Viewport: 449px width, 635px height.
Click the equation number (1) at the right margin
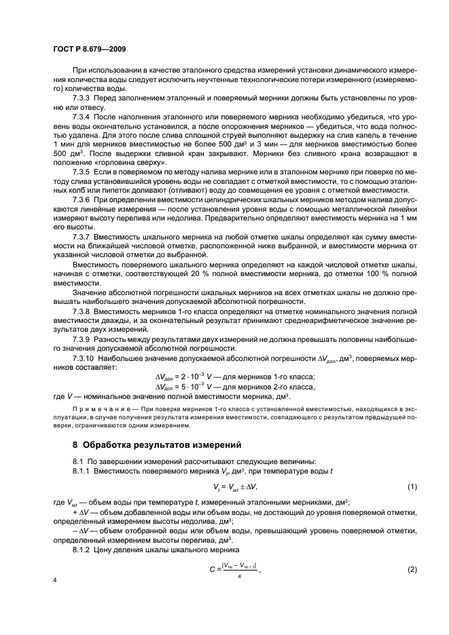[412, 487]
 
